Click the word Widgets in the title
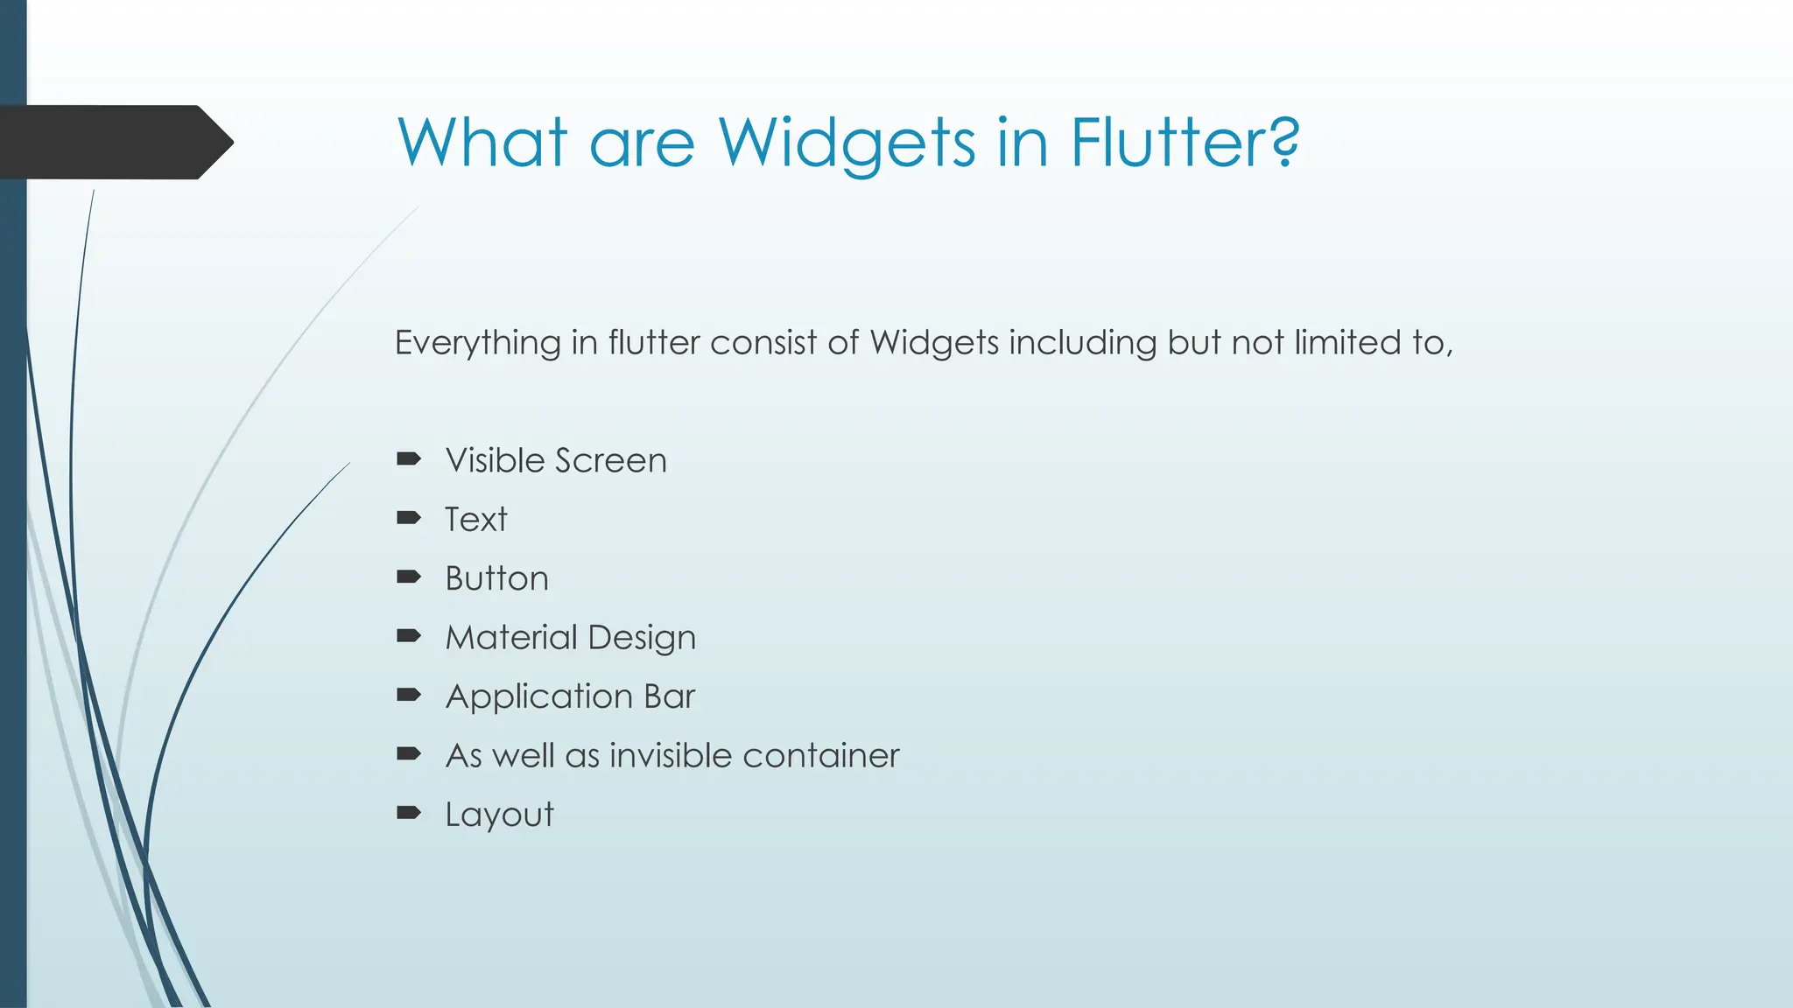point(847,143)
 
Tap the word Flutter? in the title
point(1185,143)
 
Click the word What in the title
point(482,143)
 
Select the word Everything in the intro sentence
point(477,343)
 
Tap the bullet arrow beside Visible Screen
point(409,459)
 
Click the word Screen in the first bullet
point(611,460)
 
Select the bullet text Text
point(475,520)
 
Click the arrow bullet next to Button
point(409,577)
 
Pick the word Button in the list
point(496,578)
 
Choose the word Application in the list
point(539,697)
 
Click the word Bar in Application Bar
point(669,696)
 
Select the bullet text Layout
point(499,815)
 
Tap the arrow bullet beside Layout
point(409,813)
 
